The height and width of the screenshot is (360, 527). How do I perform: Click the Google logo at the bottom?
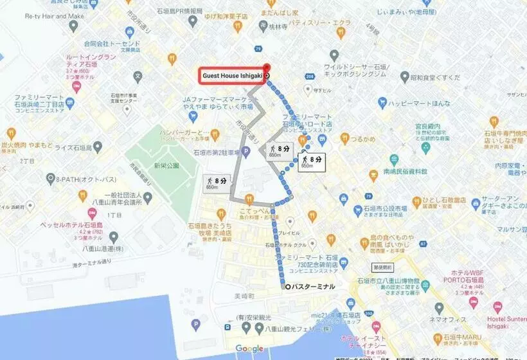pos(249,348)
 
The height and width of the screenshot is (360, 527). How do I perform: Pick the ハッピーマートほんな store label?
pos(421,102)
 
